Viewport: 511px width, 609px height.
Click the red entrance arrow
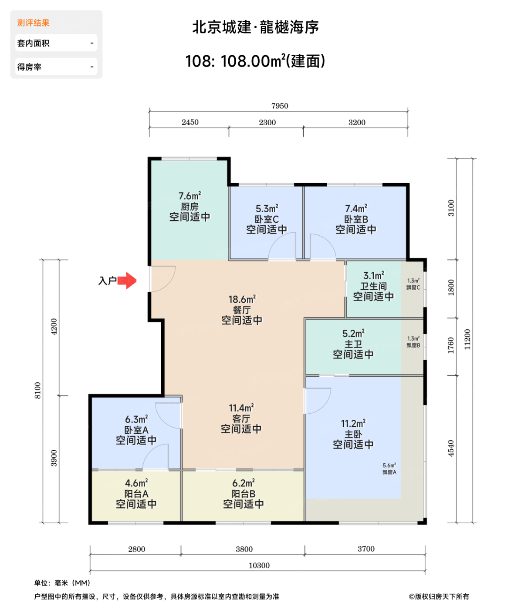127,280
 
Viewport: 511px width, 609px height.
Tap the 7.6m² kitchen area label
190,195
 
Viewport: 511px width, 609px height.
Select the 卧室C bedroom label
267,219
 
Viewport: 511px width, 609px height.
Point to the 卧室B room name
356,219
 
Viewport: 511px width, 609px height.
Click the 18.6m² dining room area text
242,299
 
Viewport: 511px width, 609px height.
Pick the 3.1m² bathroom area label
373,275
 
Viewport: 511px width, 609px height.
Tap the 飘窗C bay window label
413,287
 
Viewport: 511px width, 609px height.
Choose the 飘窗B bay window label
413,345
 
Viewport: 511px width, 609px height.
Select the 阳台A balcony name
136,494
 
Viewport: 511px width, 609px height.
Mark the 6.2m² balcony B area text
244,483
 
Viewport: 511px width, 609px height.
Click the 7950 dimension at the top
280,106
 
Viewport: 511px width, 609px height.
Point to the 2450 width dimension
190,122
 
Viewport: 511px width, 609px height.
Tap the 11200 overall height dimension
467,339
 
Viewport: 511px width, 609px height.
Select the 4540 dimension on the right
451,448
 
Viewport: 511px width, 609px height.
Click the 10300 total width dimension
259,565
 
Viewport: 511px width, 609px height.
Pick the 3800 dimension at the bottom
244,549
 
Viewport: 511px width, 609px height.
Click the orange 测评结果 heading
33,23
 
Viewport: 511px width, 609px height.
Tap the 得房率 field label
29,67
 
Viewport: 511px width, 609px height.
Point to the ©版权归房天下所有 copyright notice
439,596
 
